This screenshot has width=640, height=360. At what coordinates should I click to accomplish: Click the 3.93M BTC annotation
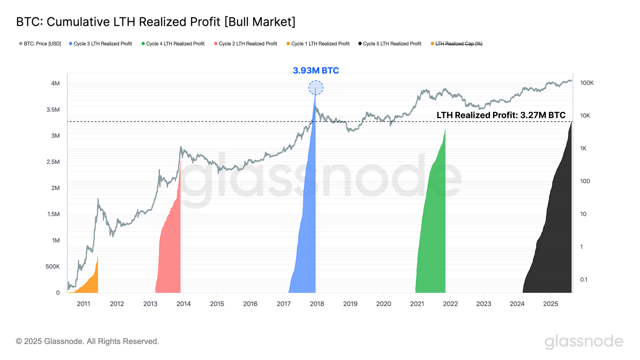point(316,71)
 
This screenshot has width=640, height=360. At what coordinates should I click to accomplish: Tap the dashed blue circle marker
point(316,88)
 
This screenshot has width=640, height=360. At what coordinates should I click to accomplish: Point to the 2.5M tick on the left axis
point(53,162)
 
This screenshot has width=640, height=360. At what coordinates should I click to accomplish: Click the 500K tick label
point(52,267)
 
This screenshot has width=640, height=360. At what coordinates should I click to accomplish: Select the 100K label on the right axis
point(586,83)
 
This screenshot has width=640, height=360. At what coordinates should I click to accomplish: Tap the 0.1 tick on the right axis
point(583,280)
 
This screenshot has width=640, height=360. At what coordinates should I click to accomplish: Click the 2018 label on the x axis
point(317,304)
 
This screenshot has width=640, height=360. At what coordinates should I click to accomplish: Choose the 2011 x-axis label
point(83,304)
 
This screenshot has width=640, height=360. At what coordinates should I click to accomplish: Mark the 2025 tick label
point(550,304)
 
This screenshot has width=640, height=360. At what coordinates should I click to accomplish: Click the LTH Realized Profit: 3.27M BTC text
point(501,115)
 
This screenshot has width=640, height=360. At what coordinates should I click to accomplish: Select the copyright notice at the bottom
point(87,341)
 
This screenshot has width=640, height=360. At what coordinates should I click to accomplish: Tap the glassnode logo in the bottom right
point(584,341)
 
